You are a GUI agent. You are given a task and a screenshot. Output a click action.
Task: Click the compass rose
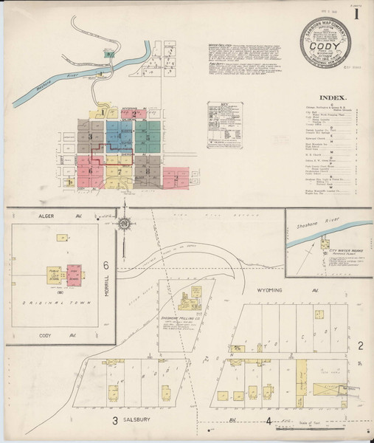click(125, 224)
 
